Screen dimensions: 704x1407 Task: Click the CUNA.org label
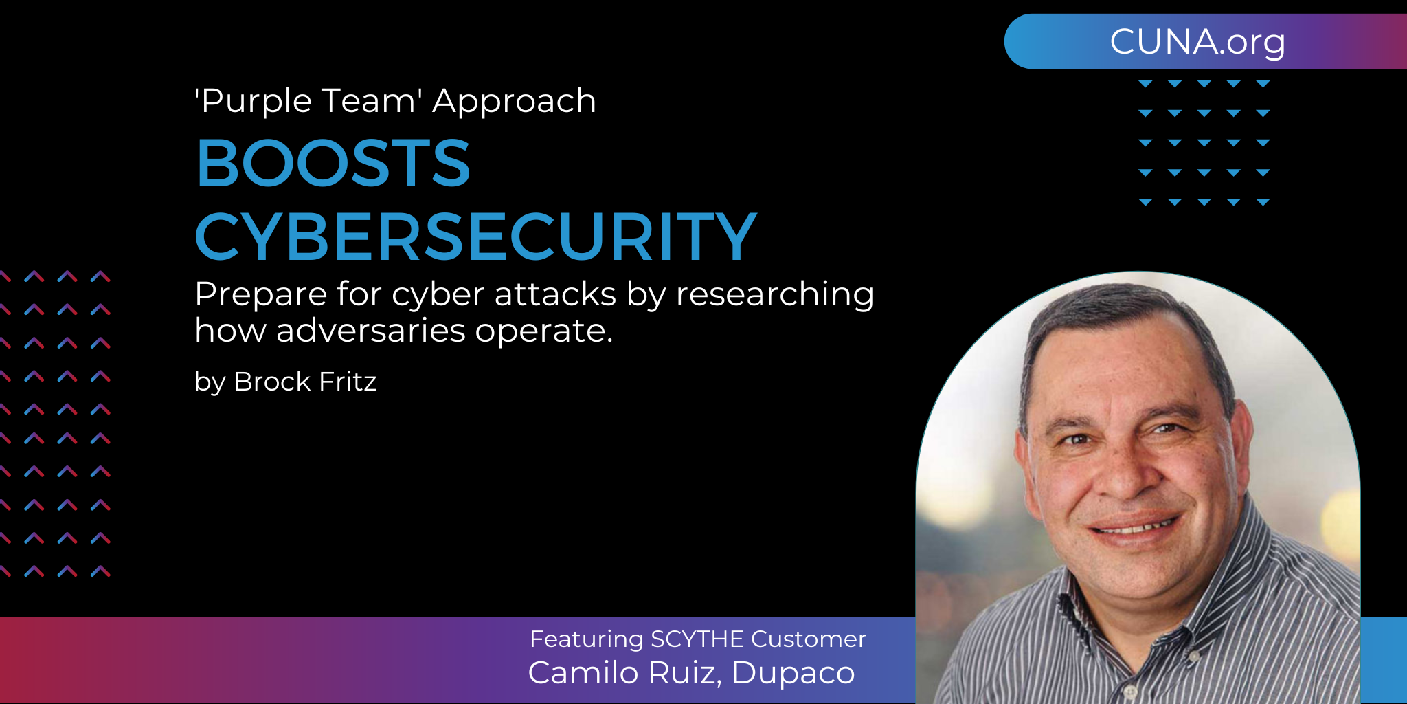click(x=1197, y=42)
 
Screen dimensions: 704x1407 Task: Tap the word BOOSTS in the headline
click(x=333, y=164)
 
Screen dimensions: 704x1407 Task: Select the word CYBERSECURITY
click(x=475, y=237)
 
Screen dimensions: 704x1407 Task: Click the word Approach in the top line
click(x=514, y=102)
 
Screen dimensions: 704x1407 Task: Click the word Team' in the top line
click(x=372, y=101)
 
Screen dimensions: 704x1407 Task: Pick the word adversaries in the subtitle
click(x=371, y=331)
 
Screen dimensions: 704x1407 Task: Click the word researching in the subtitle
click(x=774, y=295)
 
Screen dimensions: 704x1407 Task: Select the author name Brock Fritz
click(x=305, y=382)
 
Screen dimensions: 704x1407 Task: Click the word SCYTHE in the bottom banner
click(x=697, y=639)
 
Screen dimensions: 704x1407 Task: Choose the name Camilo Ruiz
click(x=624, y=673)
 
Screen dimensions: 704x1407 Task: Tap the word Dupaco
click(x=793, y=673)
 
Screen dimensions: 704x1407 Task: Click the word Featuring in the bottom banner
click(x=586, y=639)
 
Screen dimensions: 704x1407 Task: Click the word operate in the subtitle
click(x=543, y=331)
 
